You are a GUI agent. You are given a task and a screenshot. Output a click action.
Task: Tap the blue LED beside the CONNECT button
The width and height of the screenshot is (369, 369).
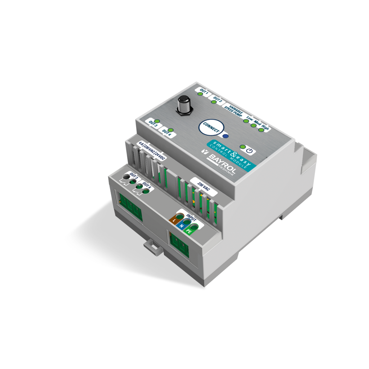[226, 136]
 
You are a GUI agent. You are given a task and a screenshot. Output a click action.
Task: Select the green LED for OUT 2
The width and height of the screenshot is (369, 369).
[214, 102]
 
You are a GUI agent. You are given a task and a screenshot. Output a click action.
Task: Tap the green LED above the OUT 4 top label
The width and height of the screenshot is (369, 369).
[171, 130]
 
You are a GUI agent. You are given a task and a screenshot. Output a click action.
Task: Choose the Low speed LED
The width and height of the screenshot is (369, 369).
[246, 120]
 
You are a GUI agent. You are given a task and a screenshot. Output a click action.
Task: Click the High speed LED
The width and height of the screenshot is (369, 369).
[262, 129]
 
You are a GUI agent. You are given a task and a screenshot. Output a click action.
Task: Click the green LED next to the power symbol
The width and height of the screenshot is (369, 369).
[243, 147]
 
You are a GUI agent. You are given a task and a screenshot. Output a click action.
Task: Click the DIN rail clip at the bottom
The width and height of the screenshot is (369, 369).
[152, 247]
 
